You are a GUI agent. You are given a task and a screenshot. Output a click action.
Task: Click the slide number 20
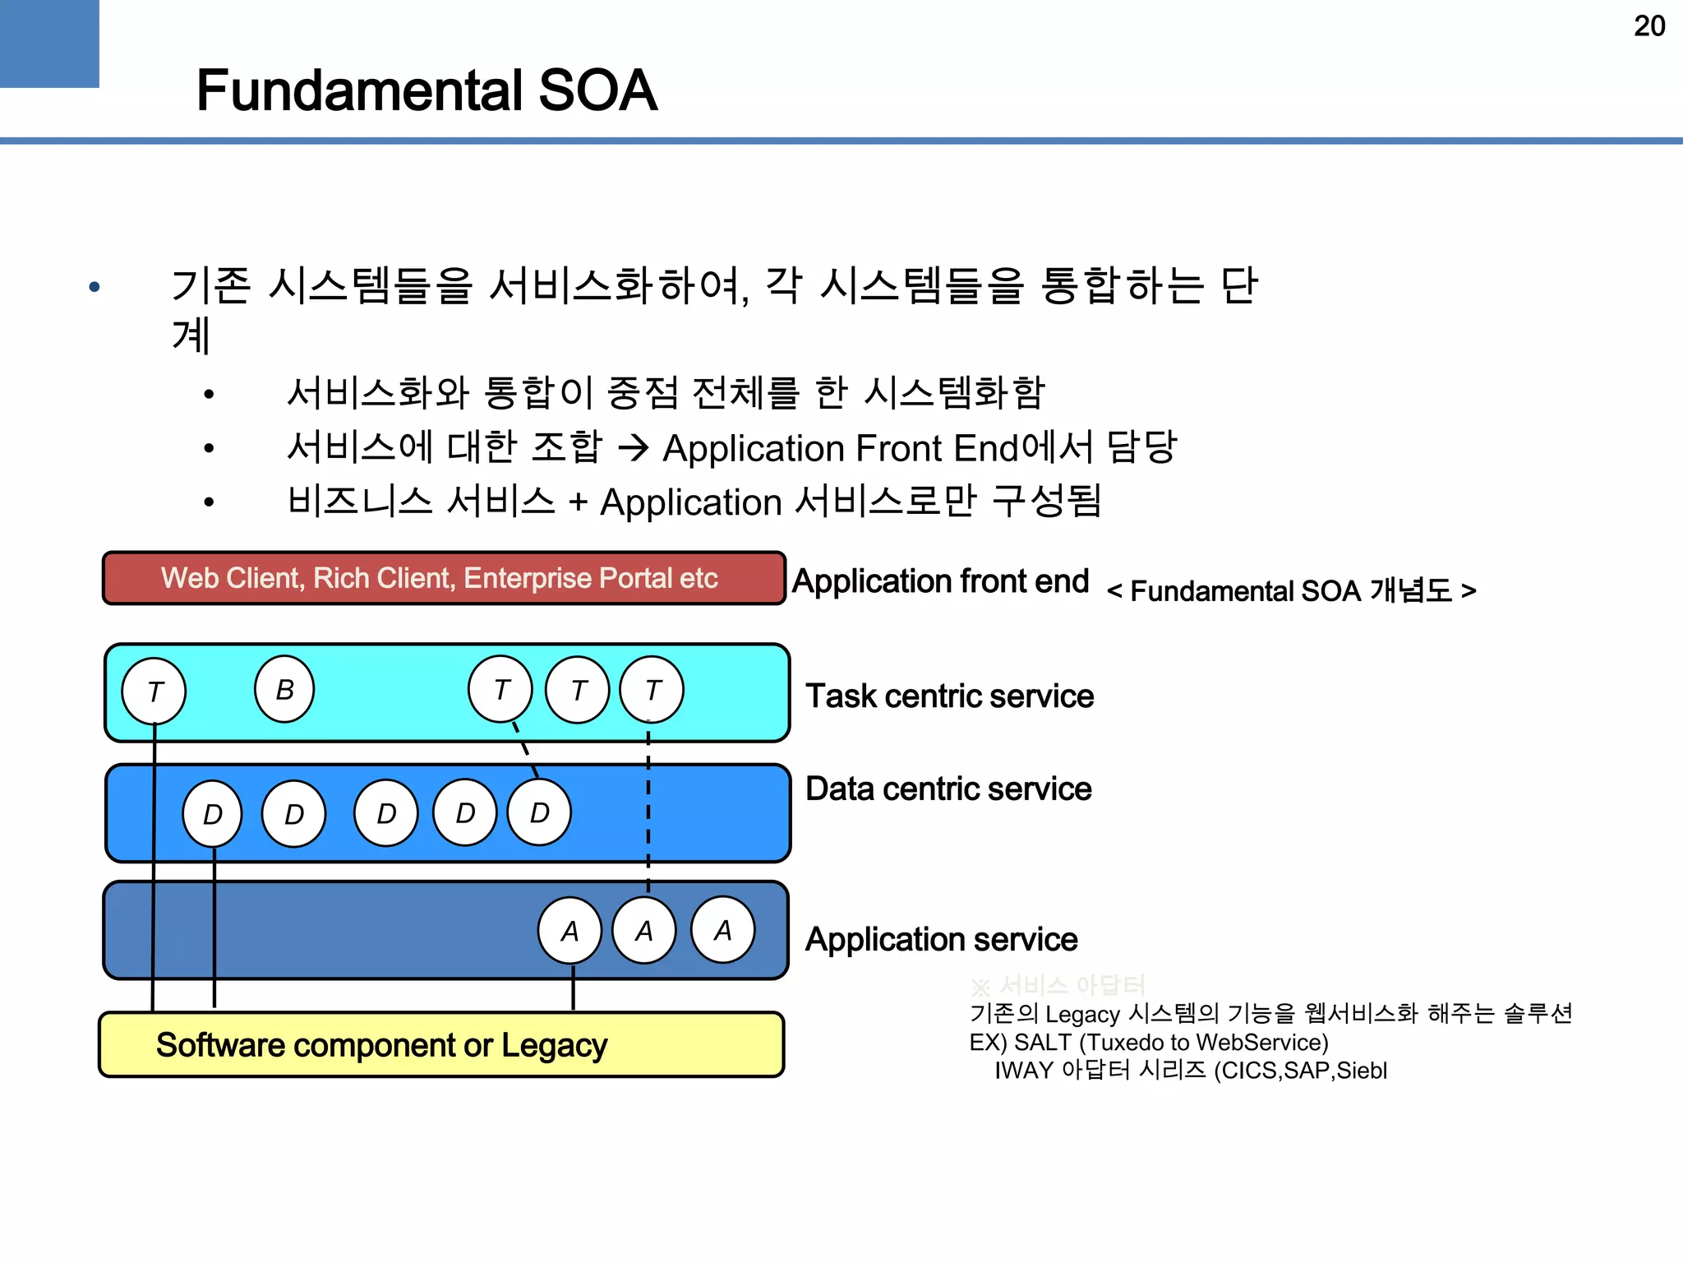pyautogui.click(x=1648, y=26)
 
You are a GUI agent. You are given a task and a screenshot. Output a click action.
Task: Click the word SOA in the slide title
pyautogui.click(x=597, y=90)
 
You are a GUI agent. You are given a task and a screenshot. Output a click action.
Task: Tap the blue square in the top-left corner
pyautogui.click(x=49, y=43)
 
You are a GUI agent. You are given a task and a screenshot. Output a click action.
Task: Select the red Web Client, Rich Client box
pyautogui.click(x=444, y=578)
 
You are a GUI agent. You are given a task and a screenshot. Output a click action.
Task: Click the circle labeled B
pyautogui.click(x=284, y=689)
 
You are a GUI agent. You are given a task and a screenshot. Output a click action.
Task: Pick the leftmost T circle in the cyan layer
pyautogui.click(x=154, y=691)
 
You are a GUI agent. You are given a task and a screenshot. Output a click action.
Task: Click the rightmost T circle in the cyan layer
pyautogui.click(x=652, y=690)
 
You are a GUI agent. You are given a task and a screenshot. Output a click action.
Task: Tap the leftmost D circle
pyautogui.click(x=212, y=814)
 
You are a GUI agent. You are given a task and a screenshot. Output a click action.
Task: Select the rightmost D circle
pyautogui.click(x=539, y=812)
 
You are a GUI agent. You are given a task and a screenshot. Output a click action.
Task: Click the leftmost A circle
pyautogui.click(x=569, y=931)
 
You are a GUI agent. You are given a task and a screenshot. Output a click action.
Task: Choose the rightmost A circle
pyautogui.click(x=722, y=930)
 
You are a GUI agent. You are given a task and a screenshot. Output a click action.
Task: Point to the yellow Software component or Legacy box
pyautogui.click(x=441, y=1044)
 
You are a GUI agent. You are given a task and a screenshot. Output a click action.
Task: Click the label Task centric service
pyautogui.click(x=949, y=696)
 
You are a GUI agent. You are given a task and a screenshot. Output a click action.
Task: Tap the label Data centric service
pyautogui.click(x=948, y=789)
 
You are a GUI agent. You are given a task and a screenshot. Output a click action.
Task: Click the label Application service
pyautogui.click(x=941, y=939)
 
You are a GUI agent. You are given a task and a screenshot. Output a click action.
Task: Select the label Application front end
pyautogui.click(x=940, y=581)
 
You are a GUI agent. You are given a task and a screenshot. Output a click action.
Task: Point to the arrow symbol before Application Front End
pyautogui.click(x=633, y=448)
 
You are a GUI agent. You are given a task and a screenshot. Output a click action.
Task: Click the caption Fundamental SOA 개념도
pyautogui.click(x=1291, y=590)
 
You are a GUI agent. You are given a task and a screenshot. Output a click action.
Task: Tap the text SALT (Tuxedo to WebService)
pyautogui.click(x=1171, y=1042)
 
